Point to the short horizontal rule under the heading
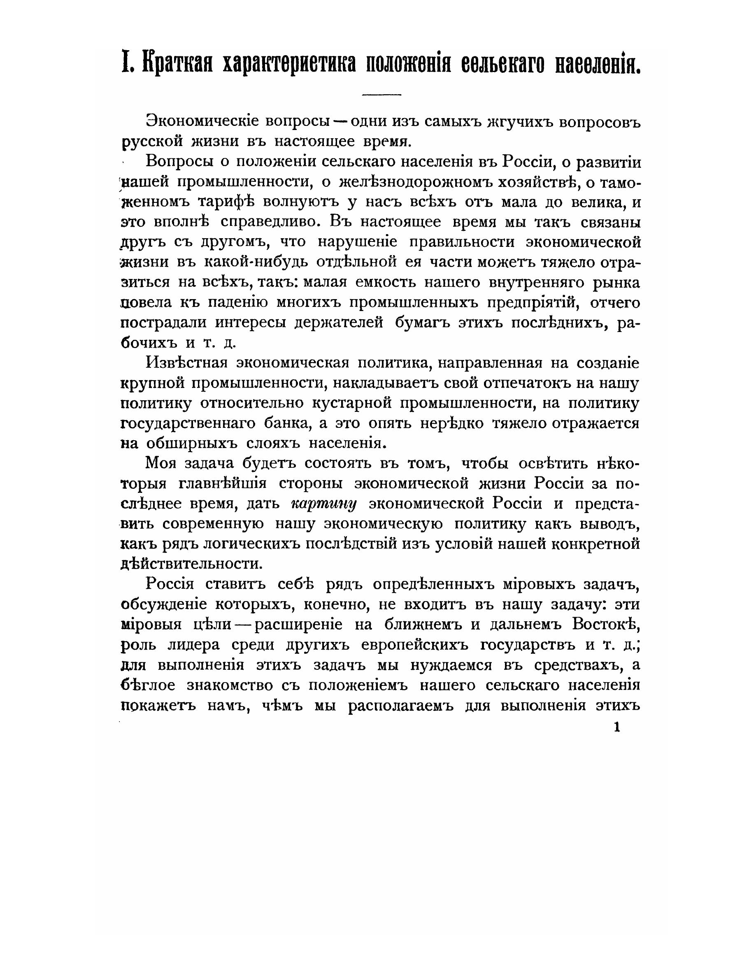click(x=381, y=95)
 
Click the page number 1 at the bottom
click(x=617, y=727)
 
